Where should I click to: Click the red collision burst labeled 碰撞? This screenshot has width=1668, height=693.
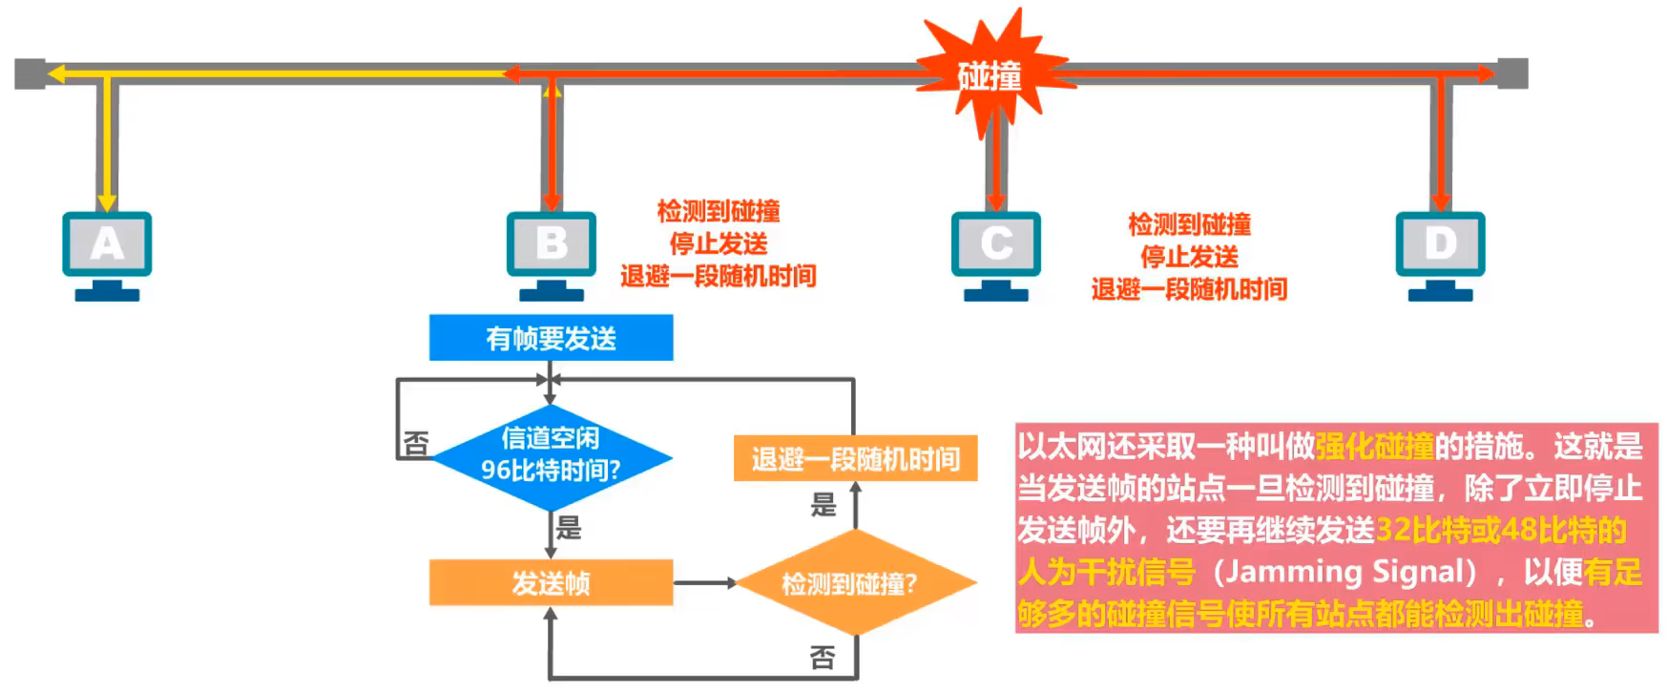coord(990,74)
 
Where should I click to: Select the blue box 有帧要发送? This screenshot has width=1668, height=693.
coord(551,338)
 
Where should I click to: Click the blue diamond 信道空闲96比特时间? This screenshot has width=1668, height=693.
coord(551,456)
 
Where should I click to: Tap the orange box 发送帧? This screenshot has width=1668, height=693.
coord(551,582)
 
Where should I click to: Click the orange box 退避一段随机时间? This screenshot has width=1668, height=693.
coord(855,458)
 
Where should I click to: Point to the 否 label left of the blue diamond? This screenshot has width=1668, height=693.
coord(416,443)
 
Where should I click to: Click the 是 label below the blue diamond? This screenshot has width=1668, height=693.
coord(569,527)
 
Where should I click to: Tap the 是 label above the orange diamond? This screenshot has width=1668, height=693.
coord(823,504)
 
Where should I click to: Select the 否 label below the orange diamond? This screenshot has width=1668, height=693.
coord(823,657)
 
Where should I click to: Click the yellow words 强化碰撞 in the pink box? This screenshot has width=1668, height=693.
coord(1375,446)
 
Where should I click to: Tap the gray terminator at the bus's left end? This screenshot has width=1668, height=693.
coord(30,73)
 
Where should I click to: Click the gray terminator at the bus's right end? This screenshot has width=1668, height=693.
coord(1512,73)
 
